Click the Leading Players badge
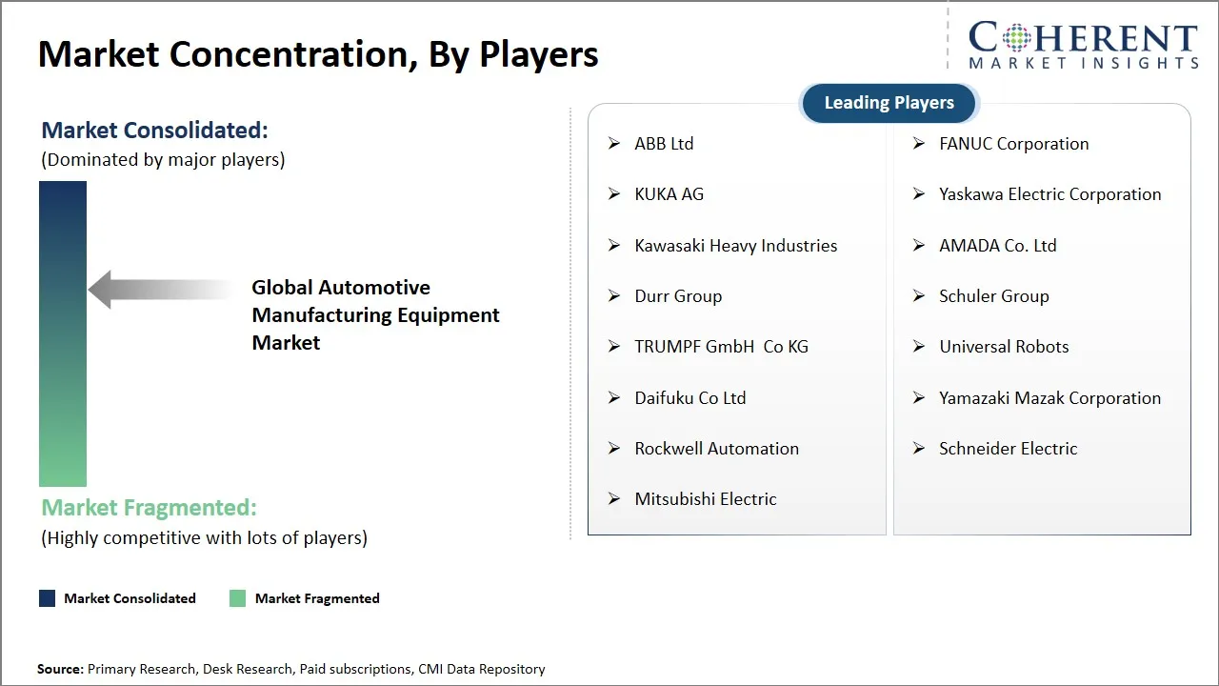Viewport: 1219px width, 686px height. click(x=889, y=103)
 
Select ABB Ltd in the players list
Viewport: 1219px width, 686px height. click(x=664, y=144)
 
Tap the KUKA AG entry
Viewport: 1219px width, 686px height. click(x=669, y=194)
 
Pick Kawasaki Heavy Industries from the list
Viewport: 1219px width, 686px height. click(x=735, y=246)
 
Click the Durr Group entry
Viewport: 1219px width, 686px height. click(x=678, y=296)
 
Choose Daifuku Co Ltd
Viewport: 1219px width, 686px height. click(x=689, y=398)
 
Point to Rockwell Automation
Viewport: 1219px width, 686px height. click(x=716, y=449)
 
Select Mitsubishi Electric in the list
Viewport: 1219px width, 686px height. click(x=705, y=499)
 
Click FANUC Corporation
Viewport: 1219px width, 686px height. click(x=1013, y=144)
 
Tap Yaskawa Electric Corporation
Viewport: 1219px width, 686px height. click(x=1049, y=194)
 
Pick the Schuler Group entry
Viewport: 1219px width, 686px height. click(x=993, y=296)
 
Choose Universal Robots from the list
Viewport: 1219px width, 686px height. click(x=1004, y=347)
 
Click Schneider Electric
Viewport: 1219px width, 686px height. click(x=1008, y=449)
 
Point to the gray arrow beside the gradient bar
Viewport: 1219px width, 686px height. click(x=157, y=290)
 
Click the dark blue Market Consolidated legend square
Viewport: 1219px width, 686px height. click(x=47, y=598)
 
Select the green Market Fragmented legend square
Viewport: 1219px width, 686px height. click(x=237, y=598)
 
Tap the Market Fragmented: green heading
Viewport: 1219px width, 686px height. click(x=149, y=508)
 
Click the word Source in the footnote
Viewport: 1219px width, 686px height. click(x=60, y=669)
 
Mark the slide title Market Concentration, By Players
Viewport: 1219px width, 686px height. click(x=318, y=54)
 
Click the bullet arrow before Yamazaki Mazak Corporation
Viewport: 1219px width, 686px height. click(x=918, y=397)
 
